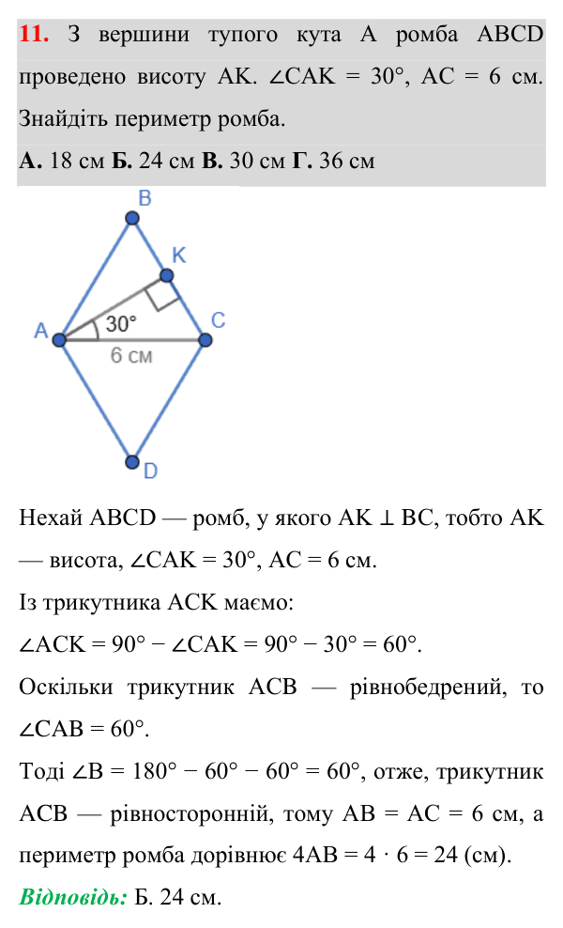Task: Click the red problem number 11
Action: pos(34,34)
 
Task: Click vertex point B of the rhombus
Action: pos(132,219)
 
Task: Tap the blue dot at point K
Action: pos(167,275)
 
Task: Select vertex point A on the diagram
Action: pos(59,340)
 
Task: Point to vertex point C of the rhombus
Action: pos(205,340)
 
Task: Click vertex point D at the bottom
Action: pos(132,461)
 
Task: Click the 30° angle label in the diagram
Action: pos(121,324)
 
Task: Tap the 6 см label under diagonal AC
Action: pos(131,355)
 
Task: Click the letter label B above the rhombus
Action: pos(145,198)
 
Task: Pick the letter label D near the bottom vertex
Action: pos(150,472)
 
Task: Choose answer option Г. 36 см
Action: pos(333,161)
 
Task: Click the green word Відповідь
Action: pos(73,897)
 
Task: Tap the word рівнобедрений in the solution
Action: pos(428,688)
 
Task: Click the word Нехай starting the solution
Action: pos(51,518)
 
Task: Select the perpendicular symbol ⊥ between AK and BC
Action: pos(387,518)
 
